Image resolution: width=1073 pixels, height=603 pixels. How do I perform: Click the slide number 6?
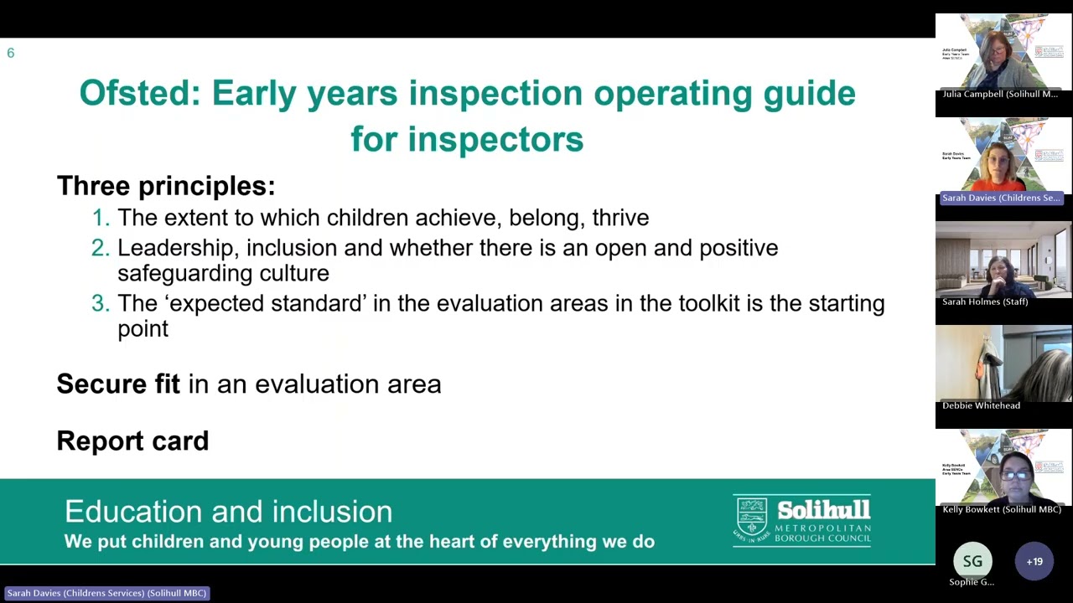(11, 53)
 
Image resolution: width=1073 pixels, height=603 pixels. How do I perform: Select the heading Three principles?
(165, 185)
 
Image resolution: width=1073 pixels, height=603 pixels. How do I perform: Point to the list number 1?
(101, 218)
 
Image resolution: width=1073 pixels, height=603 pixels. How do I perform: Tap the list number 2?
(101, 248)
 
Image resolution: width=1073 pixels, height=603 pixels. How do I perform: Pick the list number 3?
(101, 303)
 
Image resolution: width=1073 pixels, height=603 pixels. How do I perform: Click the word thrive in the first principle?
(620, 218)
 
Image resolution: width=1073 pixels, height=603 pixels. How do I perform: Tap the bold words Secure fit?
(118, 384)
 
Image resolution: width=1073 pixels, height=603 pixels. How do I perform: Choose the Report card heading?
(132, 441)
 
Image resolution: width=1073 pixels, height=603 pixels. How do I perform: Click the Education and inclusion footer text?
(228, 512)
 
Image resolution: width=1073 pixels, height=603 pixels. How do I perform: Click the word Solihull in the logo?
(823, 510)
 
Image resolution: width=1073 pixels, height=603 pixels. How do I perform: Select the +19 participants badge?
(1034, 561)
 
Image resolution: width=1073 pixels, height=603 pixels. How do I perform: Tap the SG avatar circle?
(972, 561)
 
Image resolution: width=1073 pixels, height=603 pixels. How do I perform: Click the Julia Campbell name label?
(999, 95)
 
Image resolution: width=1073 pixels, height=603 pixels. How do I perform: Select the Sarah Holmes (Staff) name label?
(984, 301)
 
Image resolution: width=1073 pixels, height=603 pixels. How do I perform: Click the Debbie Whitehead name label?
(981, 405)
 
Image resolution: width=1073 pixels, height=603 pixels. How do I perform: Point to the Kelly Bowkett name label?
(1001, 509)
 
